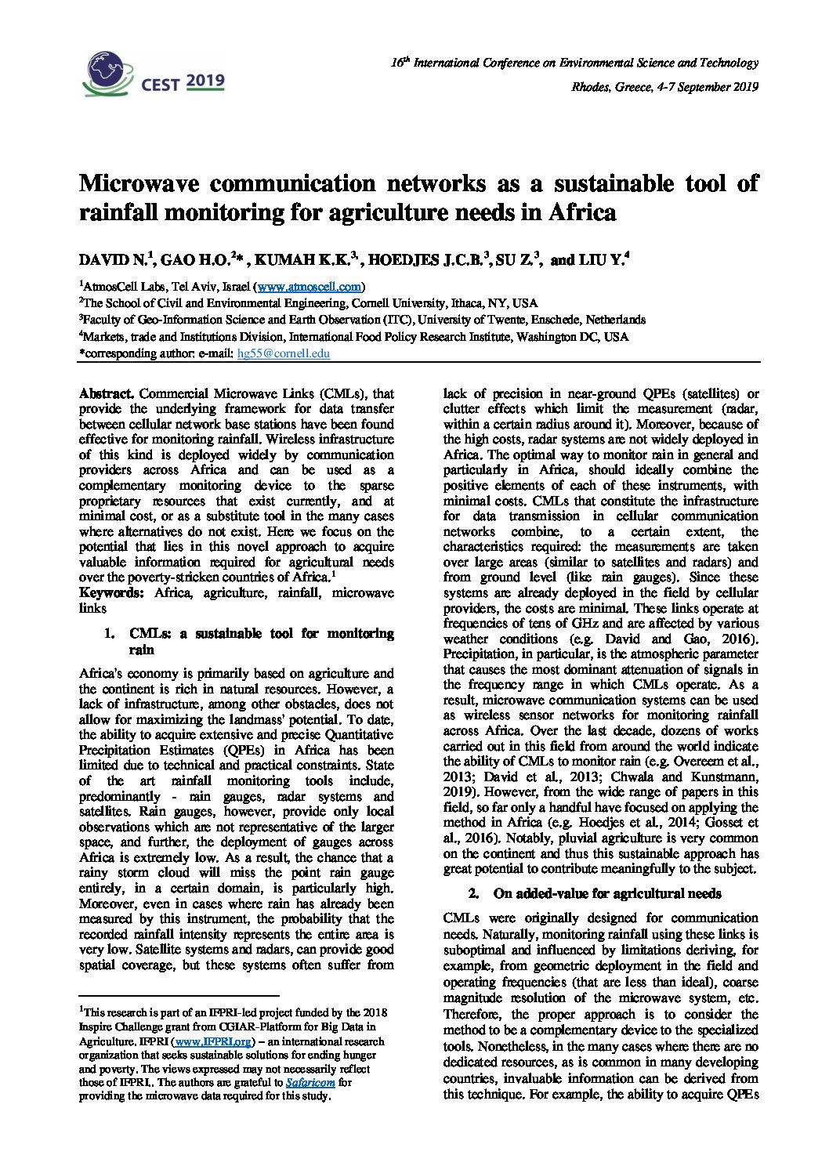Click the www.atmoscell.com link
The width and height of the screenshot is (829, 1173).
pyautogui.click(x=310, y=287)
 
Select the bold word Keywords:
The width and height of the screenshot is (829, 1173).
pyautogui.click(x=111, y=593)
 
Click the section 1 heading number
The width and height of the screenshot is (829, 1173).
pyautogui.click(x=110, y=633)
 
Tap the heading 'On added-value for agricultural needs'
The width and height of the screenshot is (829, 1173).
pyautogui.click(x=606, y=893)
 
